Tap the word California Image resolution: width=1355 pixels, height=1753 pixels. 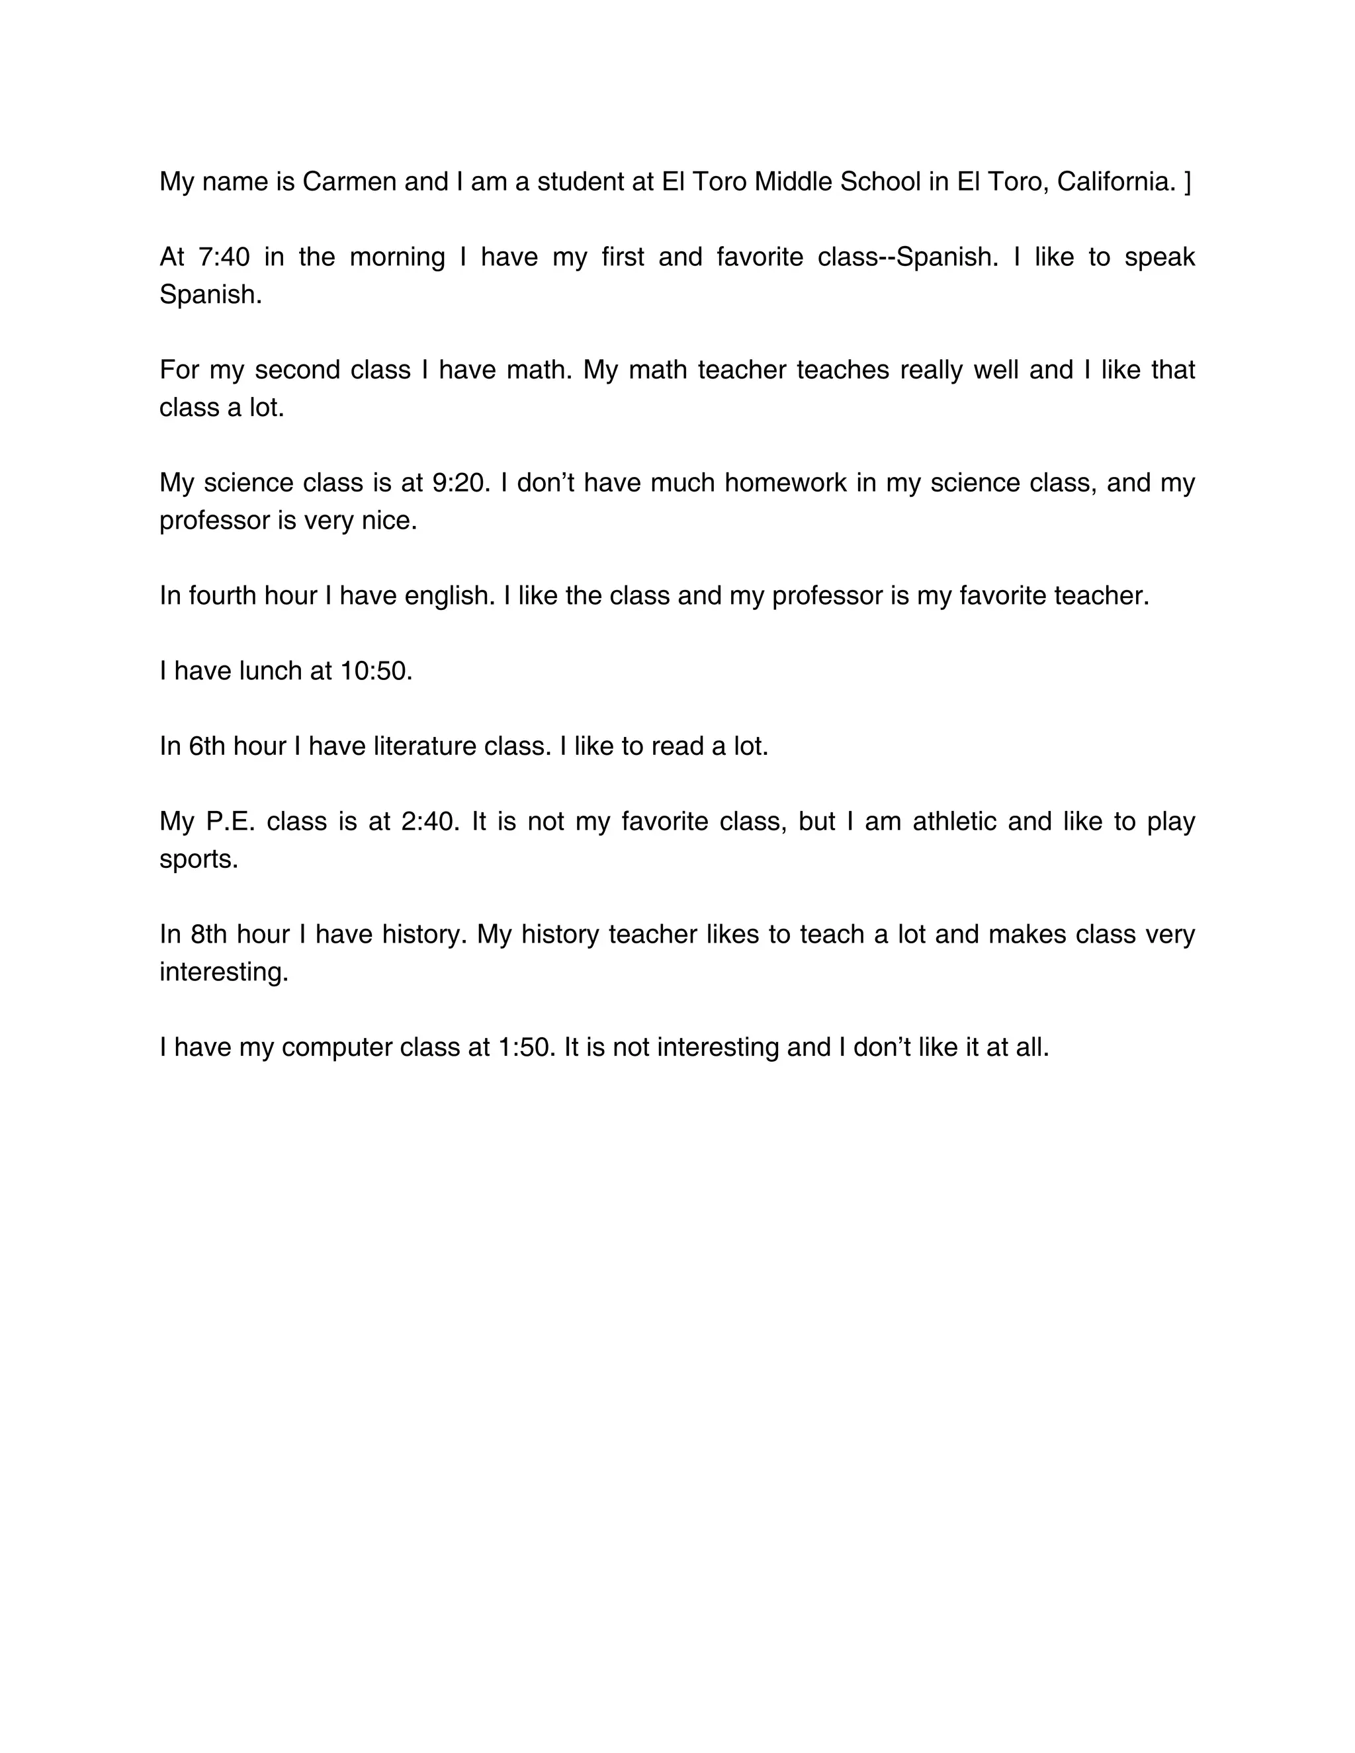tap(1117, 182)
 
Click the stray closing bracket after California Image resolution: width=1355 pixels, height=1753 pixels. tap(1188, 182)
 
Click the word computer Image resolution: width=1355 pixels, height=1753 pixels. tap(337, 1047)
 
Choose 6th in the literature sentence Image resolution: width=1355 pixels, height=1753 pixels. tap(207, 746)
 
